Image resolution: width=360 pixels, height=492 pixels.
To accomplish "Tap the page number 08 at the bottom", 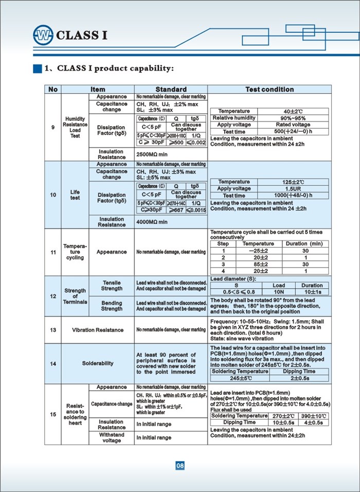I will (180, 466).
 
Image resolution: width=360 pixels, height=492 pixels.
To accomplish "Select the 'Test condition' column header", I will (269, 89).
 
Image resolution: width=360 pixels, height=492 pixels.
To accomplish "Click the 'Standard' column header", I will (171, 89).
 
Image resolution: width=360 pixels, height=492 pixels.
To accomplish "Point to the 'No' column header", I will (53, 89).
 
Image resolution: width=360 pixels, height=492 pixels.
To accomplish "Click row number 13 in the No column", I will (53, 329).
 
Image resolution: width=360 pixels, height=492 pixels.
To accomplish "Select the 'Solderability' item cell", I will (98, 363).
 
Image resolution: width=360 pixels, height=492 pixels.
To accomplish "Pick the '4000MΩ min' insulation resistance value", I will (152, 222).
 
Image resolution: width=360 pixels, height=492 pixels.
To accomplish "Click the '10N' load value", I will (279, 292).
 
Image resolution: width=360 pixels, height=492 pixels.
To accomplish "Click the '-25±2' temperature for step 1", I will (258, 250).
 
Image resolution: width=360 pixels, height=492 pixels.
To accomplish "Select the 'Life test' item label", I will (75, 195).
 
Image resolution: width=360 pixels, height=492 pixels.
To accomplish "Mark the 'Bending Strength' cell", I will (112, 306).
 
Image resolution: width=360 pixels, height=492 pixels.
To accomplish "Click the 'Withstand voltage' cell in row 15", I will (112, 437).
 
